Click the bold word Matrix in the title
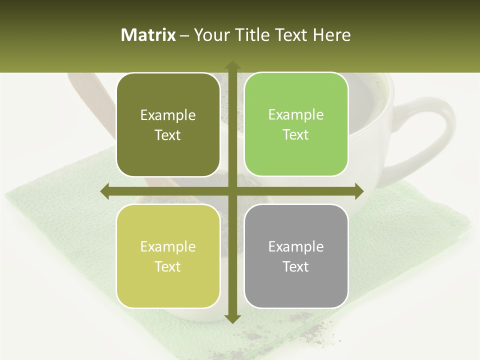pyautogui.click(x=148, y=35)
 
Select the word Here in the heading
pyautogui.click(x=332, y=35)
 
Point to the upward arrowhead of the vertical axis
pyautogui.click(x=232, y=65)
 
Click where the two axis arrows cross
pyautogui.click(x=232, y=191)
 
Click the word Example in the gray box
pyautogui.click(x=296, y=246)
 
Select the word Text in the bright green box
pyautogui.click(x=296, y=134)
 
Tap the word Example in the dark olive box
pyautogui.click(x=168, y=115)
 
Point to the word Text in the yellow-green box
pyautogui.click(x=168, y=266)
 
